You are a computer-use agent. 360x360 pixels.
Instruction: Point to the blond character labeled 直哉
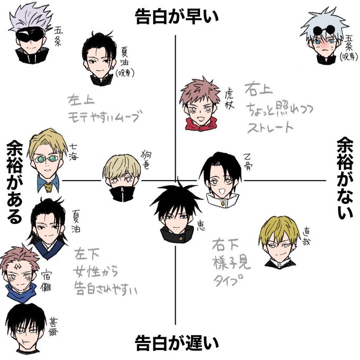(x=278, y=241)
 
